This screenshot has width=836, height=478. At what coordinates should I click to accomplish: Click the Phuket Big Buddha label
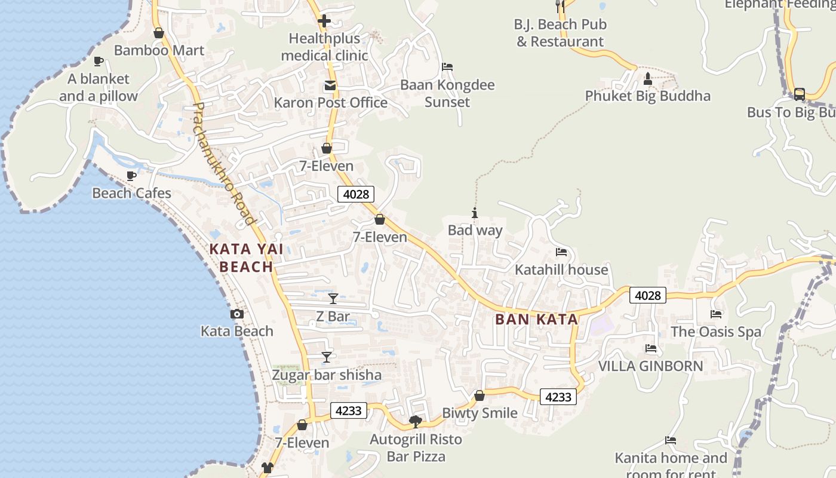point(648,96)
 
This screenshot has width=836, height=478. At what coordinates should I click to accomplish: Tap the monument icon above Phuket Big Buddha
point(648,79)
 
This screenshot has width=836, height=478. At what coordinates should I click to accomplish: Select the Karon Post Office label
point(331,103)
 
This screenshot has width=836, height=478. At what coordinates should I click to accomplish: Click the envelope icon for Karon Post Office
point(330,86)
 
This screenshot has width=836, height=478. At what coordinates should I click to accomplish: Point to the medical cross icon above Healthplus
point(324,22)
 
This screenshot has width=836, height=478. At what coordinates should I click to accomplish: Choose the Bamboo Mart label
point(159,50)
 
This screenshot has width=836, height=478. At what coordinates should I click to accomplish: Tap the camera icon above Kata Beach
point(237,314)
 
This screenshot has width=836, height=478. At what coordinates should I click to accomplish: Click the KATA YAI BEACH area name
point(245,258)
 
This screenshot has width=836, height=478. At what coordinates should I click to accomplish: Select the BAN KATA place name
point(537,319)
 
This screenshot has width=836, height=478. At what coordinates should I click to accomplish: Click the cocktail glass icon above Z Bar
point(333,298)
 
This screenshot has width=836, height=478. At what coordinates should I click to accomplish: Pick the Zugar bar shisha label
point(327,375)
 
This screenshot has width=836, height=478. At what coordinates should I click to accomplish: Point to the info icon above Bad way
point(475,213)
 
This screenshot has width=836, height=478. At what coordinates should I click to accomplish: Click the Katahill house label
point(561,269)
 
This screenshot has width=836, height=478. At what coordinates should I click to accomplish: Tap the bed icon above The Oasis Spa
point(716,314)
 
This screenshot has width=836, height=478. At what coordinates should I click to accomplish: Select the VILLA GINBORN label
point(651,366)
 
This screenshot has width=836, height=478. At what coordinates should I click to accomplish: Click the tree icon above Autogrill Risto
point(416,422)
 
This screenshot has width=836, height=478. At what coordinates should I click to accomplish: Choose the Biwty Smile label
point(480,413)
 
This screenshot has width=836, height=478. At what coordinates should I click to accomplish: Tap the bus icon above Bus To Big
point(799,94)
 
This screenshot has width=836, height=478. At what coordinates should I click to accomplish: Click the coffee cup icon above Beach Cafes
point(131,176)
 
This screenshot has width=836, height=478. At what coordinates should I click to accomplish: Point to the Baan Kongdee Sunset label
point(447,93)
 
